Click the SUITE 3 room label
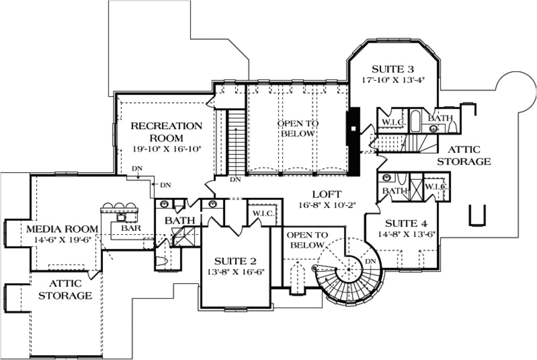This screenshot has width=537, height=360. [x=393, y=69]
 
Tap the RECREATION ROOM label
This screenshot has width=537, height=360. [x=166, y=132]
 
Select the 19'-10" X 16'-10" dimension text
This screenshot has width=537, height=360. [x=166, y=150]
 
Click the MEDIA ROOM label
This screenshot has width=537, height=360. [x=62, y=229]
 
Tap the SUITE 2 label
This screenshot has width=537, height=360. [x=235, y=261]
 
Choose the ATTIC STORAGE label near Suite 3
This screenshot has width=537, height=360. [x=464, y=155]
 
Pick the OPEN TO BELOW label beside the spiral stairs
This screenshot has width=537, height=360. [x=307, y=240]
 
